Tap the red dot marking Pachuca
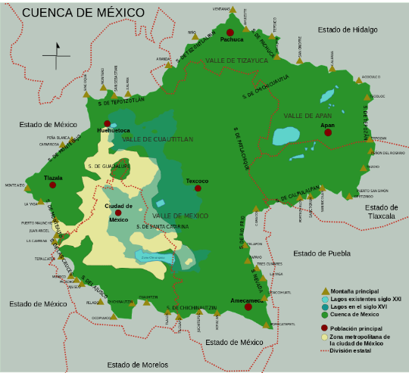coord(229,32)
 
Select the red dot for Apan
coord(327,132)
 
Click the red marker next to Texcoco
coord(198,188)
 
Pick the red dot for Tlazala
coord(54,185)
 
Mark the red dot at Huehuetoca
coord(107,123)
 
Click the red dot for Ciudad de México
coord(118,213)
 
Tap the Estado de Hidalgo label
coord(348,30)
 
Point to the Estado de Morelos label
coord(137,364)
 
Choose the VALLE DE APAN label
coord(308,116)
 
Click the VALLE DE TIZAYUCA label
coord(236,60)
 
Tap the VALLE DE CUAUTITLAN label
coord(158,139)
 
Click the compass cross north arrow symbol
coord(56,54)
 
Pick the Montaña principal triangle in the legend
coord(325,291)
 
